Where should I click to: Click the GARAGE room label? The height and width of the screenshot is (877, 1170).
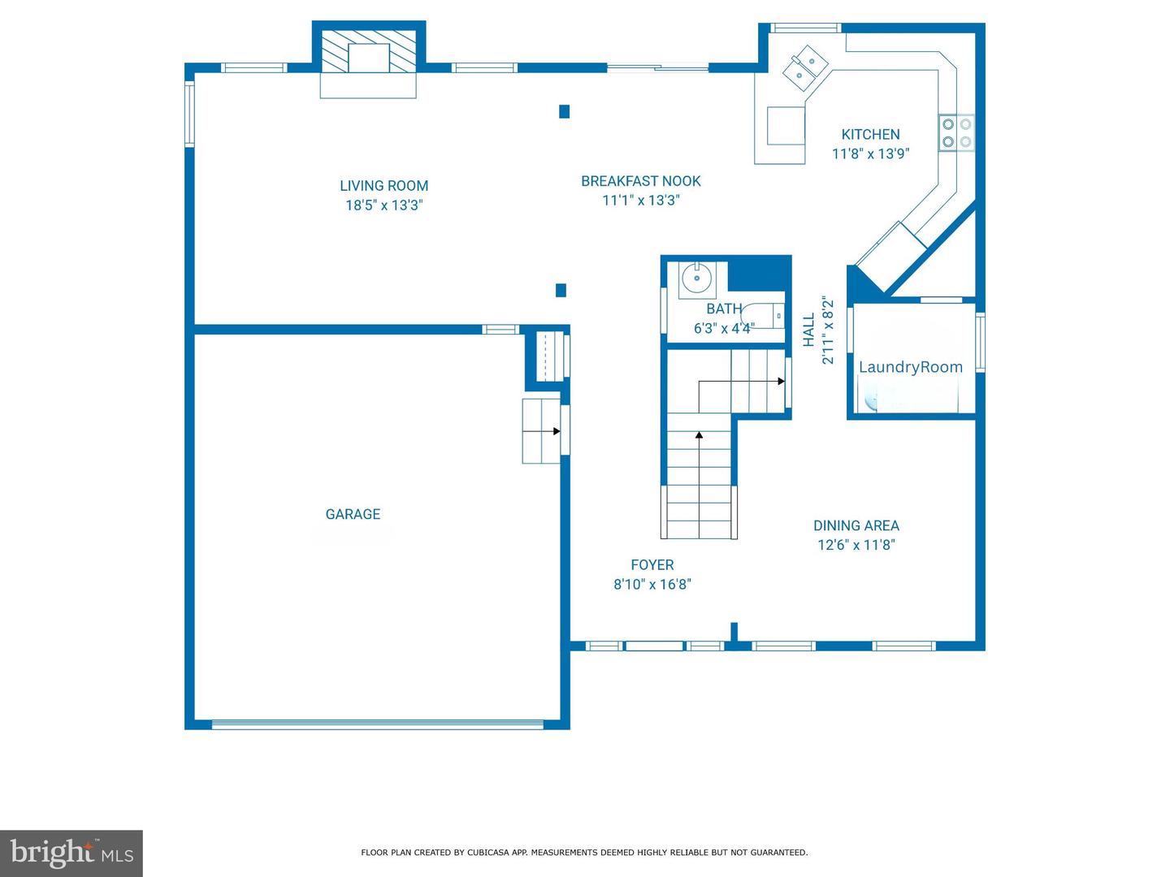[x=353, y=514]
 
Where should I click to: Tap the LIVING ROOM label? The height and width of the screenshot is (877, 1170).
[x=383, y=186]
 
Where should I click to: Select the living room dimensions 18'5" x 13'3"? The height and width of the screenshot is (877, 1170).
[x=383, y=205]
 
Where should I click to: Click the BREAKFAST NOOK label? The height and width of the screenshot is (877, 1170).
[x=640, y=181]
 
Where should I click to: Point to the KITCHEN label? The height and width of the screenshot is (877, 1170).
[x=870, y=135]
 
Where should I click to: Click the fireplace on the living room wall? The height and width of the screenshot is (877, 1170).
[x=369, y=55]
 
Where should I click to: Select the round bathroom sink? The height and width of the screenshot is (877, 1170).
[x=696, y=279]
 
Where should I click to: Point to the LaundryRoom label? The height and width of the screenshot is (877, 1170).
[x=910, y=367]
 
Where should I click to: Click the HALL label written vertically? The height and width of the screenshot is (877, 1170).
[x=809, y=330]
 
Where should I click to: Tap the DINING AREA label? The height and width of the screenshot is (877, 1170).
[x=856, y=525]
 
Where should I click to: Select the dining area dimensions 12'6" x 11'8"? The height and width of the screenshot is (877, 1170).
[x=856, y=545]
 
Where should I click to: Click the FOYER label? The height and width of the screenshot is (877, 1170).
[x=652, y=564]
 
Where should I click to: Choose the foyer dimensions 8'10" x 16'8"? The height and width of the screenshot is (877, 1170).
[x=652, y=584]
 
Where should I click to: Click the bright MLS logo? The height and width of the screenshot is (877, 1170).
[x=71, y=853]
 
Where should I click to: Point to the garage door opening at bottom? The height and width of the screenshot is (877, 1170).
[x=377, y=724]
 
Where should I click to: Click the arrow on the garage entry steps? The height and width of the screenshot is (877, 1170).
[x=556, y=431]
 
